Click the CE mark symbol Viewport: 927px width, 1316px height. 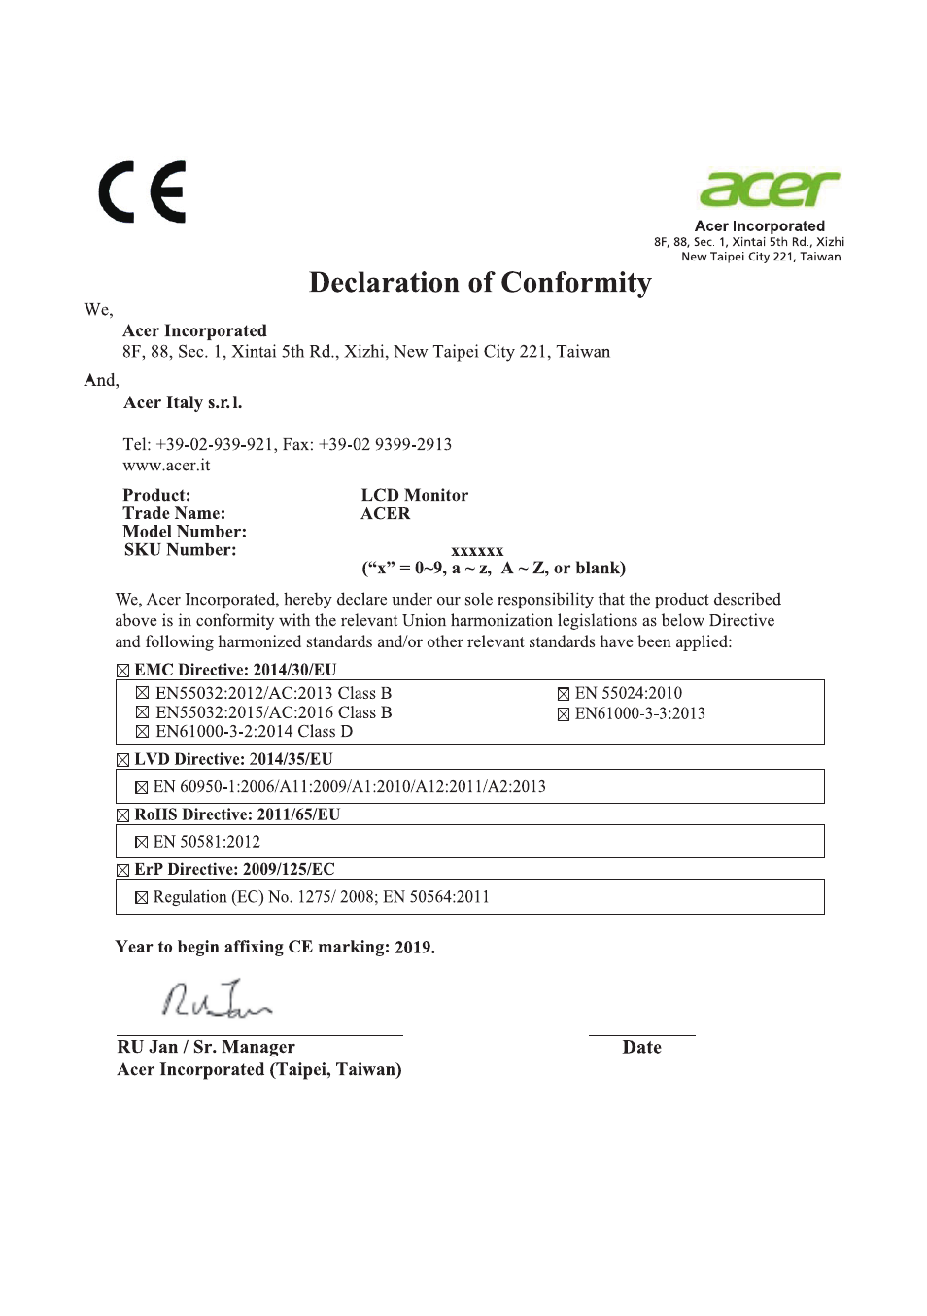coord(142,192)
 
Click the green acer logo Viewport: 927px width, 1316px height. coord(769,189)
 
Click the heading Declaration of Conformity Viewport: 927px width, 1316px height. coord(480,283)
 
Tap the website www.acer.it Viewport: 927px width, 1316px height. coord(166,466)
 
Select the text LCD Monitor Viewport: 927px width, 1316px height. coord(414,496)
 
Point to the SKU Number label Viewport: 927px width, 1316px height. coord(180,550)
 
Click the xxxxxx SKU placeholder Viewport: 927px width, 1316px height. coord(477,551)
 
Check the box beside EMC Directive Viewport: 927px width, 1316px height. coord(122,671)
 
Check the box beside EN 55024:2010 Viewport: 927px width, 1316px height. coord(564,694)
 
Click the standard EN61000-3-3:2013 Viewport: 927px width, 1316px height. coord(639,713)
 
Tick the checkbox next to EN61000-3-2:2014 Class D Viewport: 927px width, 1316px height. coord(143,732)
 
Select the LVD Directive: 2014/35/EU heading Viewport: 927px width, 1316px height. coord(233,759)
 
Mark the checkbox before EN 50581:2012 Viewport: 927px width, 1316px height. coord(142,843)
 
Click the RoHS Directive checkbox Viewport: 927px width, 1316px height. coord(122,815)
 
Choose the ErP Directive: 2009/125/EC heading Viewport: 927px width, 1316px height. coord(234,869)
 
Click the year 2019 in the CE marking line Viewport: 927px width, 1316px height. coord(414,948)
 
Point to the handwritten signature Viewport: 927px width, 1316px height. coord(216,999)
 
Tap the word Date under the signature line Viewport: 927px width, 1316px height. coord(641,1048)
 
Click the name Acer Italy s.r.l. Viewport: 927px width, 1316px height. coord(183,403)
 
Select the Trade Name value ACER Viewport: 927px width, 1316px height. coord(386,514)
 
